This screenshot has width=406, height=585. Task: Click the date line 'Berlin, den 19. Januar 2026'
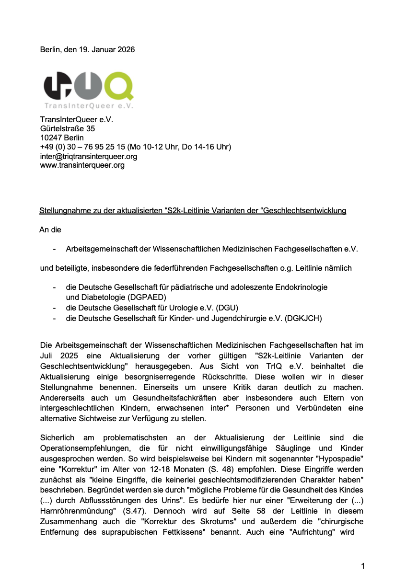[x=87, y=50]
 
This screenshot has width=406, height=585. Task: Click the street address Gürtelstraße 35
[x=68, y=128]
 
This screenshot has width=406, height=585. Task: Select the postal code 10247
[x=51, y=138]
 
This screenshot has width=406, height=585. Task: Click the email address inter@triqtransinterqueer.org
[x=89, y=156]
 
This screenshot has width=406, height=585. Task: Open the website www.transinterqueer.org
[x=82, y=165]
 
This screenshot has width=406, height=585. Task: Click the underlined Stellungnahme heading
[x=192, y=211]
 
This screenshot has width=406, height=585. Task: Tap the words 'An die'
[x=50, y=230]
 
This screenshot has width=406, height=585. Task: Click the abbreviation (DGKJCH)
[x=303, y=318]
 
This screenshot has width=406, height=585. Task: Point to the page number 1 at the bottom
[x=363, y=566]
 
